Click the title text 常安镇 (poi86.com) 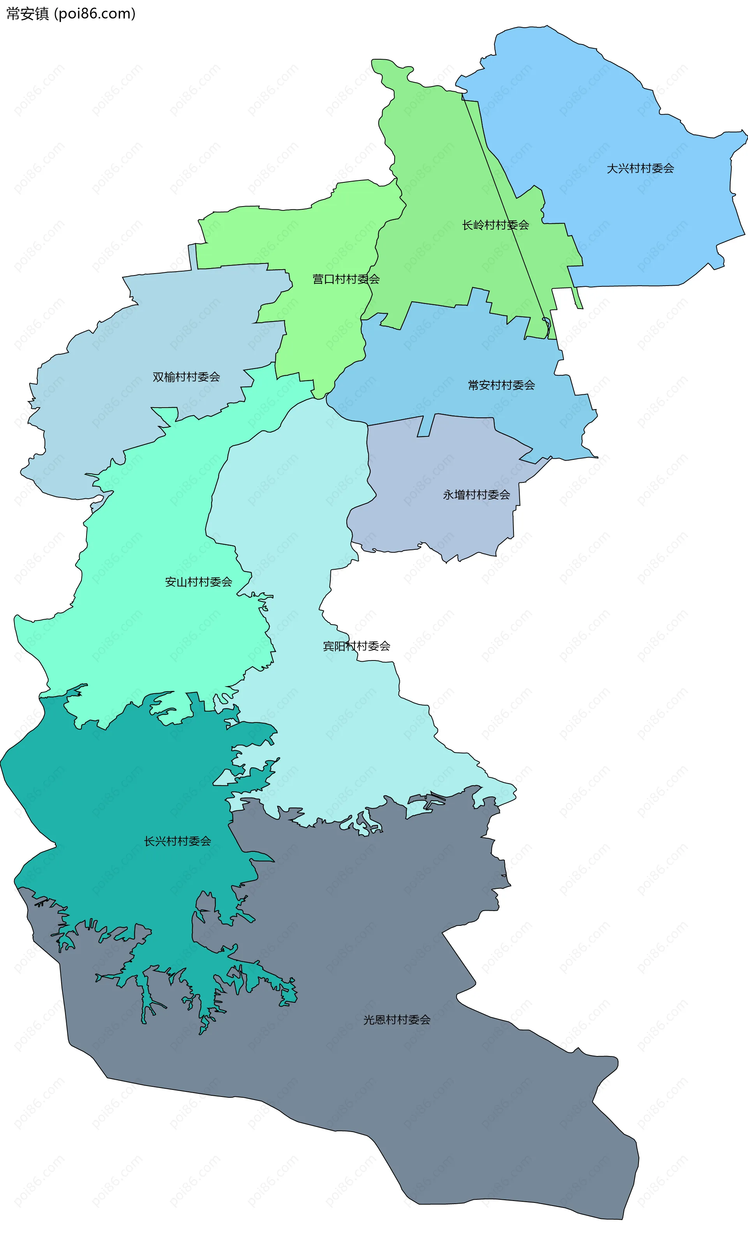[x=71, y=14]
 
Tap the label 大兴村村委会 [x=640, y=168]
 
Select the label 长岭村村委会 [x=496, y=225]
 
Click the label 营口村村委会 [x=346, y=279]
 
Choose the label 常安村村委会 [x=501, y=385]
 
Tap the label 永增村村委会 [x=476, y=495]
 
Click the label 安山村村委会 [x=199, y=582]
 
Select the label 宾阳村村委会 [x=356, y=646]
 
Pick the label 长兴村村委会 [x=177, y=841]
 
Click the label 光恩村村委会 [x=397, y=1020]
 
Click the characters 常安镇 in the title [x=27, y=14]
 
